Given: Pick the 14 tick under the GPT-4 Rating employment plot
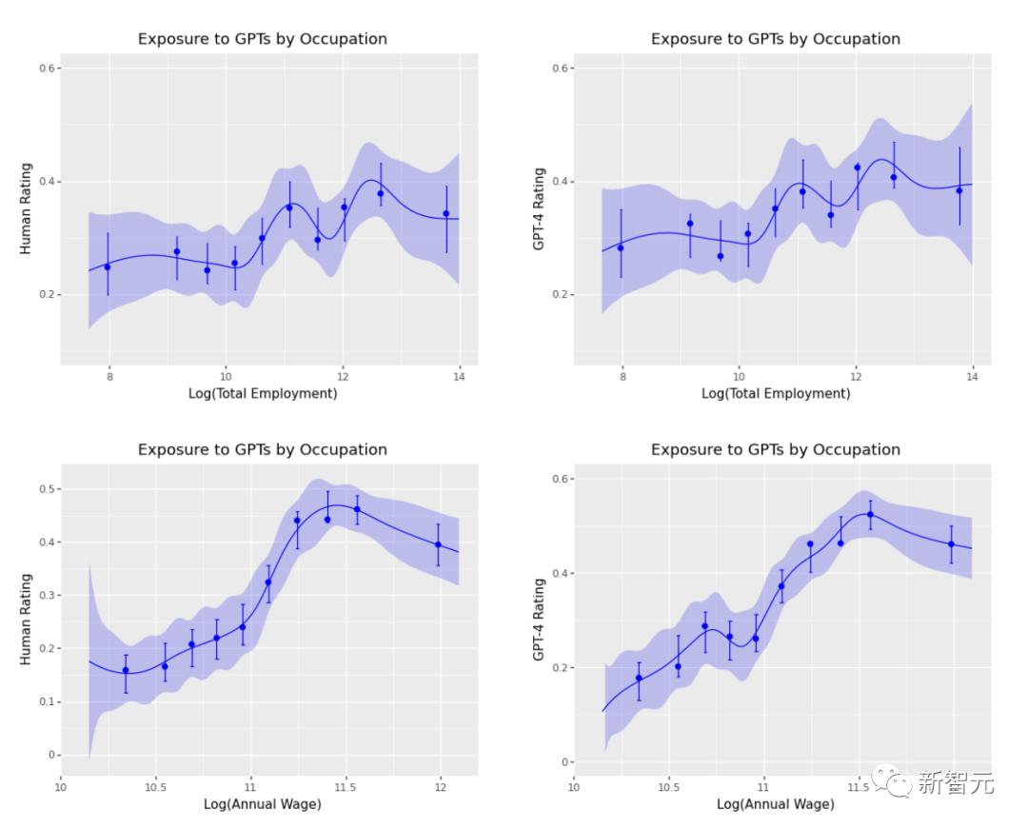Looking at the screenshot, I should (x=973, y=377).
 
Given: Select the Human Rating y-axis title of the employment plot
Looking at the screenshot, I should (x=26, y=207).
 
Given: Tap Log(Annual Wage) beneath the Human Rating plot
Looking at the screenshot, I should (x=263, y=804).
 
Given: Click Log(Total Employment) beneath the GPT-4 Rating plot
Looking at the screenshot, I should (x=776, y=393).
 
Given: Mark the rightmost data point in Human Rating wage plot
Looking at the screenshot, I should (x=439, y=544).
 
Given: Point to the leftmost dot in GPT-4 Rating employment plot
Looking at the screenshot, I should (x=621, y=247).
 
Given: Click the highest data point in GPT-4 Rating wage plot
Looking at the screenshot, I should (x=870, y=514).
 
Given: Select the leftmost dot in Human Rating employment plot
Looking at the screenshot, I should (x=108, y=266).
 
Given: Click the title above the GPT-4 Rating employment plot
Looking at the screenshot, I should (x=775, y=39).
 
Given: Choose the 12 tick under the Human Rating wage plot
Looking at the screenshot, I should (x=440, y=787).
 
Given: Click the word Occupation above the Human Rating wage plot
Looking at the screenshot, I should (x=340, y=449).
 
